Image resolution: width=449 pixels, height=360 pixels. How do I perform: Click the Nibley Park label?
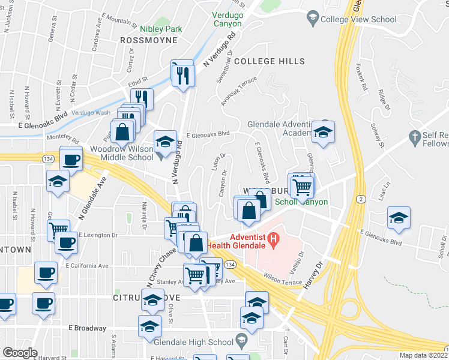pos(160,29)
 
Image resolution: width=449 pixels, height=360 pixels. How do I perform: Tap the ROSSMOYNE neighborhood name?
pos(149,40)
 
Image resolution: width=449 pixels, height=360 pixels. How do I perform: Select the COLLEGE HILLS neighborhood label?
pos(270,61)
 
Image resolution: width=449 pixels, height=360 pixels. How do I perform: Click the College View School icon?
pos(312,19)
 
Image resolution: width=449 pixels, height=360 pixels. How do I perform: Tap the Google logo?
pos(20,353)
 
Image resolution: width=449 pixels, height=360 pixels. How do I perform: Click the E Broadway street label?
pos(87,328)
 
